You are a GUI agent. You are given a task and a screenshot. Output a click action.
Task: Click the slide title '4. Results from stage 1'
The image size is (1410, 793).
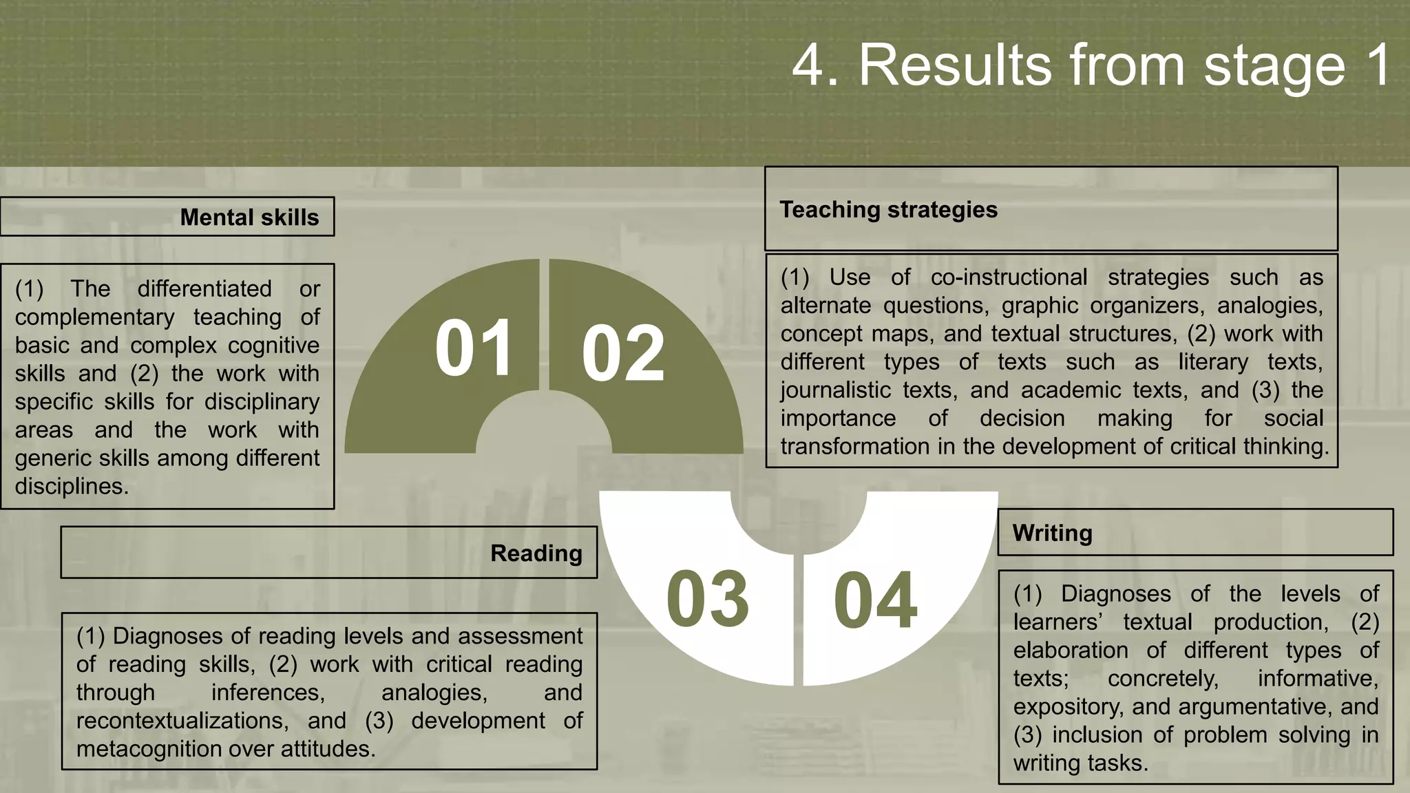tap(1091, 65)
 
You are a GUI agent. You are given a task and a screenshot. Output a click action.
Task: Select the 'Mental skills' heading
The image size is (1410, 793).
tap(249, 218)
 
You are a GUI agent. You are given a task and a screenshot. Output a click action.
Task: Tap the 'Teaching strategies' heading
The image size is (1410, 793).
tap(888, 209)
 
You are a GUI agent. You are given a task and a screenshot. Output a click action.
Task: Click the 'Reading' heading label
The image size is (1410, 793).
tap(536, 553)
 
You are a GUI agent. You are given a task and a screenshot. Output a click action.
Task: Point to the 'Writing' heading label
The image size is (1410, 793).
tap(1052, 533)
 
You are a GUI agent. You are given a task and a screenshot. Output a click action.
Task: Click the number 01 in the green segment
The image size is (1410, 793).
tap(474, 348)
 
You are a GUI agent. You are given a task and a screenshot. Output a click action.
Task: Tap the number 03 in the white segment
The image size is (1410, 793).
tap(707, 600)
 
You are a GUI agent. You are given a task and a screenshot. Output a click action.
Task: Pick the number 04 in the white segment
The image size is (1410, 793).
tap(875, 601)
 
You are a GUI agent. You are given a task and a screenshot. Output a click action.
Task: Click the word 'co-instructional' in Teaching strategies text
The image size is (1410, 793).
tap(1009, 277)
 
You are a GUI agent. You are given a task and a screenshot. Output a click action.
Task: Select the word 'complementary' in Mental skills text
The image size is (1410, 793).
tap(94, 317)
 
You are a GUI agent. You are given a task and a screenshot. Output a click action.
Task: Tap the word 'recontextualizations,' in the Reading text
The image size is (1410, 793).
tap(182, 721)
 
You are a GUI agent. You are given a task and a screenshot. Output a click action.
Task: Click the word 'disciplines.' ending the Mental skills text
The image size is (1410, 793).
tap(72, 487)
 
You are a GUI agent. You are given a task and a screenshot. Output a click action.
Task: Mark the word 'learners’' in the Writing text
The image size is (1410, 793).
tap(1058, 622)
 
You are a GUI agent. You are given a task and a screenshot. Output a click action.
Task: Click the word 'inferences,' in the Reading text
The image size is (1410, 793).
tap(268, 692)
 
